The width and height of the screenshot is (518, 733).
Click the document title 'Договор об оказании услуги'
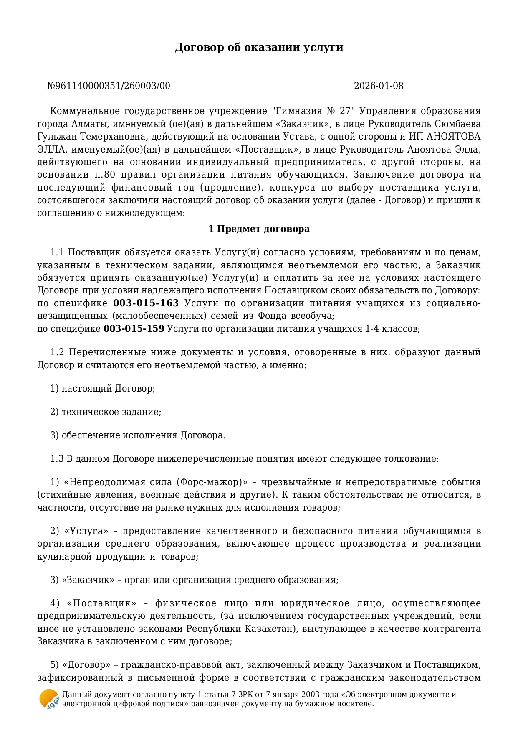(x=259, y=47)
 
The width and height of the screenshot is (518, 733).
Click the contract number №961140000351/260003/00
(x=109, y=86)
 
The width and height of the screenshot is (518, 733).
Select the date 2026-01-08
(x=379, y=86)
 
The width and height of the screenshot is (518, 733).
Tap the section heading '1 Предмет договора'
(x=259, y=229)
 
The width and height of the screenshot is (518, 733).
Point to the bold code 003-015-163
(x=146, y=303)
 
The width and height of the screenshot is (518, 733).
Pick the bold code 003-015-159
(x=134, y=329)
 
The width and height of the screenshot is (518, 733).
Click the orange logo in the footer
(x=49, y=699)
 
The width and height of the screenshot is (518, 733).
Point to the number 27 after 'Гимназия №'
(x=345, y=111)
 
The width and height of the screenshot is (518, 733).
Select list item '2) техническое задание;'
(x=106, y=412)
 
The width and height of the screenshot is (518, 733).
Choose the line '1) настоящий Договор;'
(x=103, y=389)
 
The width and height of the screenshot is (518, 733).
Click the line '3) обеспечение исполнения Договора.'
(x=138, y=435)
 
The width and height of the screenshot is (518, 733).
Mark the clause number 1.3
(x=57, y=459)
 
